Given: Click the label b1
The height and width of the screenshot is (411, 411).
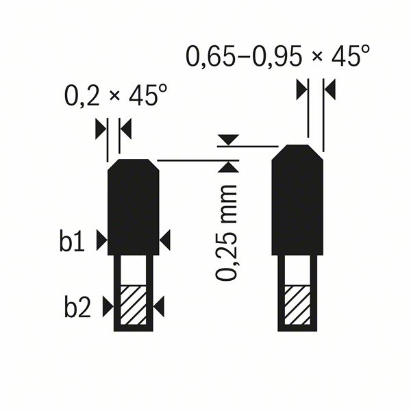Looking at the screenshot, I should [x=72, y=242].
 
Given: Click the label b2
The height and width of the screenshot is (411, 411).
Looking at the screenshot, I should [x=78, y=308].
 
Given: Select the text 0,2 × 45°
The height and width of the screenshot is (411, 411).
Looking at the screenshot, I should [x=115, y=95].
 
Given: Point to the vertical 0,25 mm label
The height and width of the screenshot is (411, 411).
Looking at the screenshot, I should [x=227, y=233].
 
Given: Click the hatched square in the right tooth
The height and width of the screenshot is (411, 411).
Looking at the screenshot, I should [x=297, y=306].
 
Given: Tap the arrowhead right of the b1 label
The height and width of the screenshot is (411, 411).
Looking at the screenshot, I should [x=101, y=240].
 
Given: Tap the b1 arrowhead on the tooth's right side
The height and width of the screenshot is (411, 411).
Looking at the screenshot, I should [x=165, y=240].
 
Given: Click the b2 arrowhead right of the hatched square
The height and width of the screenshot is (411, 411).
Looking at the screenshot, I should [x=159, y=307].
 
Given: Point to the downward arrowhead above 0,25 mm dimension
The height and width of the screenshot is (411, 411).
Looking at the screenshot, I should [x=227, y=140].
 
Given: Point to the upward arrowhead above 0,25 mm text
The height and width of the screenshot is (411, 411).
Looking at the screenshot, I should [x=227, y=166].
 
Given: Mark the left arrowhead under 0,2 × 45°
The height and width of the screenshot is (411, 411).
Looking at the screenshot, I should [x=101, y=127].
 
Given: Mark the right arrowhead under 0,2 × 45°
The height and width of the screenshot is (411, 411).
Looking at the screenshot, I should [x=125, y=127].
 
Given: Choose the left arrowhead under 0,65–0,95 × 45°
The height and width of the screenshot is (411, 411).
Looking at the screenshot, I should [x=301, y=89].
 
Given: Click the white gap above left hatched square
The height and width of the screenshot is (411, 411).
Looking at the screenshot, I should [x=134, y=271].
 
